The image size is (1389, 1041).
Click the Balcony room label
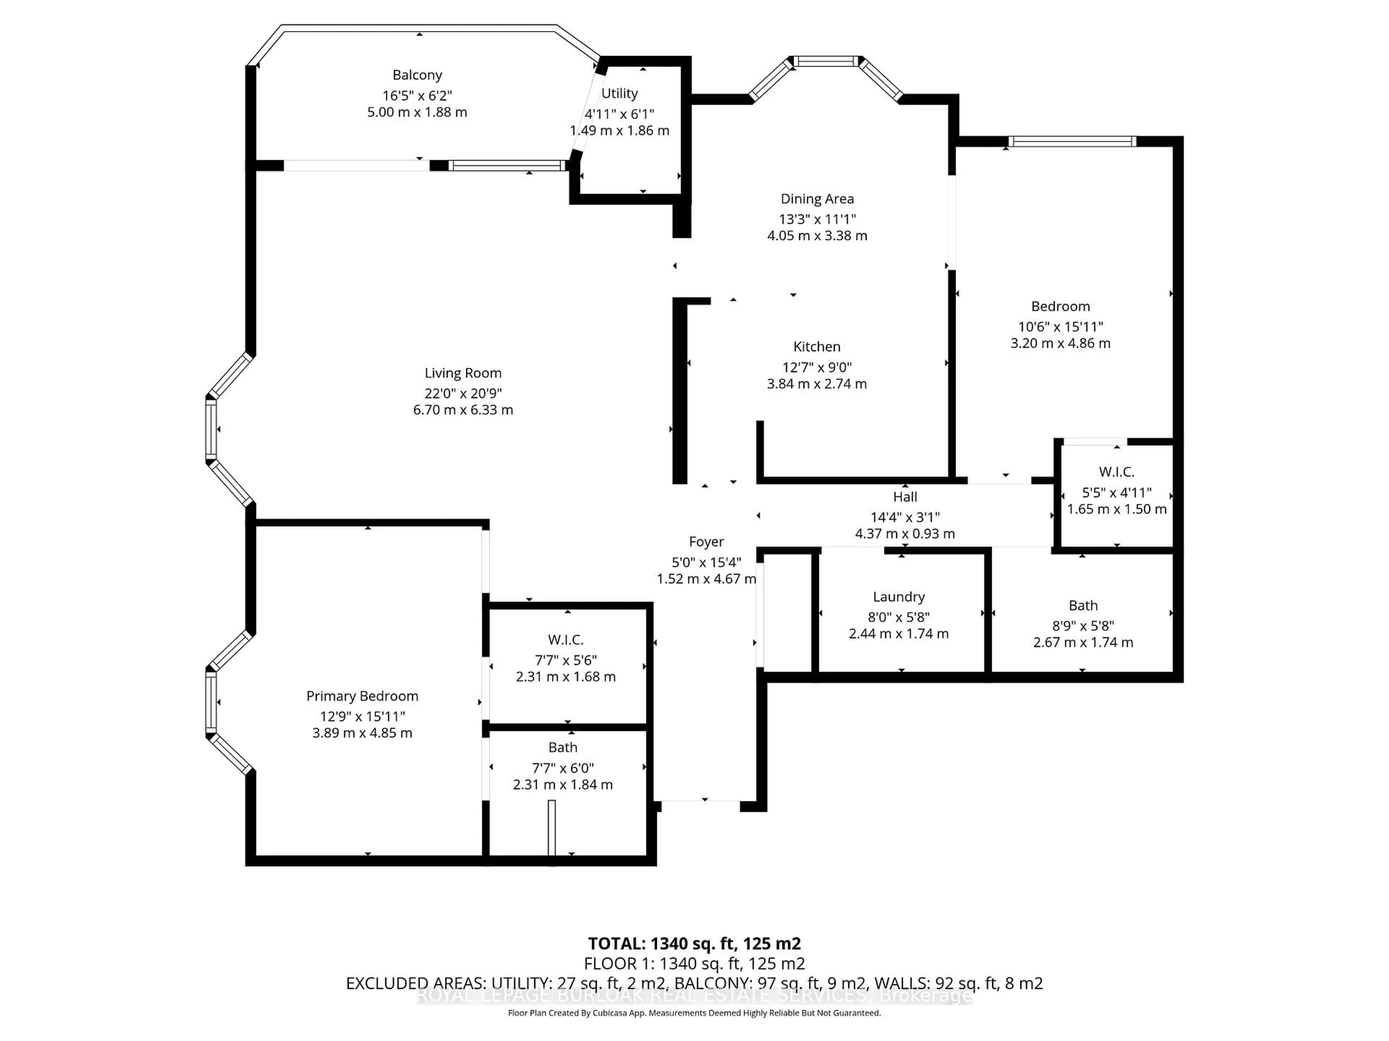coord(417,75)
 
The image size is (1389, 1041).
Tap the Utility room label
coord(619,94)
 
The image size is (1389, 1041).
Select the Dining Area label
coord(817,199)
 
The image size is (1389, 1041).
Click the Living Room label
coord(463,373)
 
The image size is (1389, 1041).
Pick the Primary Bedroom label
coord(362,697)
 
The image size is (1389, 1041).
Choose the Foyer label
coord(706,541)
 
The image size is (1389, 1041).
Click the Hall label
coord(905,497)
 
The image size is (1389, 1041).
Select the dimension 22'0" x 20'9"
coord(463,393)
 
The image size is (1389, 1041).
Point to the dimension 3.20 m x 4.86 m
coord(1061,344)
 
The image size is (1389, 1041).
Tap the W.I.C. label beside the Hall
coord(1117,472)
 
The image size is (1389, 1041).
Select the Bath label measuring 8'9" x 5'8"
coord(1083,605)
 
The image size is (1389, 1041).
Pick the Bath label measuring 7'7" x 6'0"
coord(562,747)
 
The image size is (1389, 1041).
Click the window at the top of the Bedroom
coord(1072,142)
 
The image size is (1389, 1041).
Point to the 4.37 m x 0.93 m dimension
coord(905,534)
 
